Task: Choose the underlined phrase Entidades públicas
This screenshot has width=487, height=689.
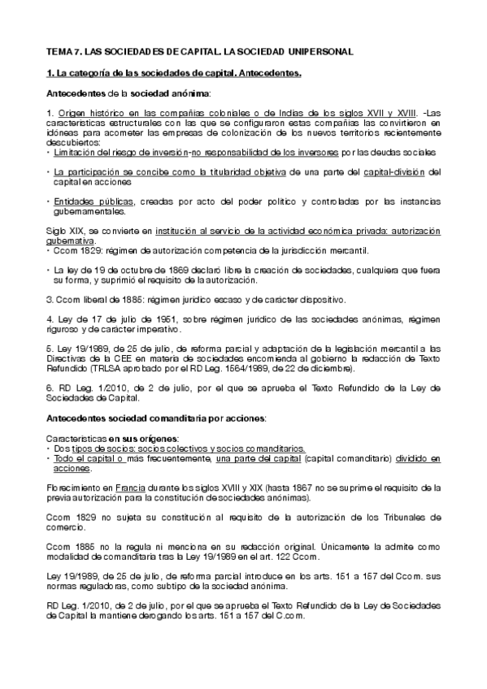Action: pyautogui.click(x=88, y=200)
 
